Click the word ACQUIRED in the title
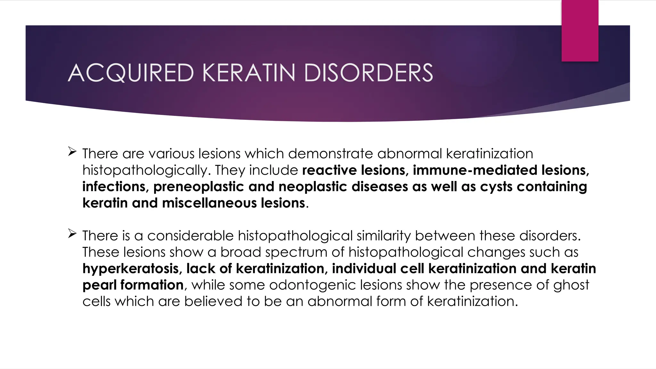click(131, 73)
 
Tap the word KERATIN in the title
click(249, 73)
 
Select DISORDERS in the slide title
click(368, 73)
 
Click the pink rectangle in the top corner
click(580, 30)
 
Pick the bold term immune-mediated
click(475, 170)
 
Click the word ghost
click(571, 285)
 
